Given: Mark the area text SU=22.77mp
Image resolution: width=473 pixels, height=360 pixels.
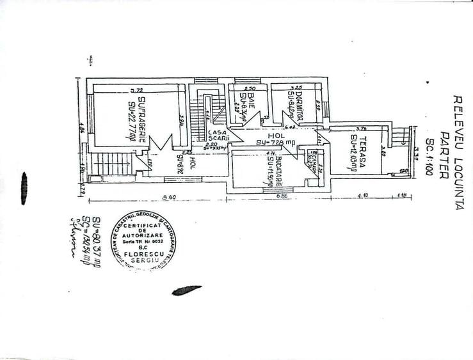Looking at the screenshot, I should [x=132, y=115].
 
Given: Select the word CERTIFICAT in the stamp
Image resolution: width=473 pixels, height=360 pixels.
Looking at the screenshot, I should [x=148, y=228].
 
